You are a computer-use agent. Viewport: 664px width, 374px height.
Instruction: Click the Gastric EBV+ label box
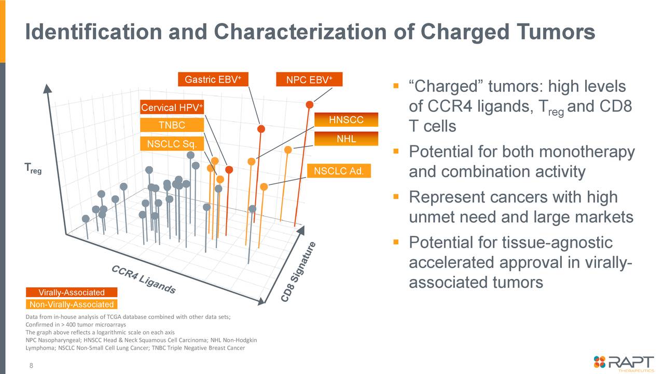click(213, 79)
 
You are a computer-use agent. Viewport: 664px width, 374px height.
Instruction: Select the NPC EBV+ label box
click(309, 79)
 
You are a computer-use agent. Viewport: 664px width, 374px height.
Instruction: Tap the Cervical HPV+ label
click(172, 108)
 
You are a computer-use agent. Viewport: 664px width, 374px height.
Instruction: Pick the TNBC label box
click(172, 125)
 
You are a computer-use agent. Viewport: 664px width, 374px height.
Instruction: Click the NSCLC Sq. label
click(169, 144)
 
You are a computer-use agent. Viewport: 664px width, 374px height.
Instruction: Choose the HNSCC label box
click(346, 121)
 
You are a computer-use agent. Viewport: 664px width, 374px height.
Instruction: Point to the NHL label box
click(346, 139)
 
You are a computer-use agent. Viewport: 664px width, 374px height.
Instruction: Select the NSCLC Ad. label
click(339, 171)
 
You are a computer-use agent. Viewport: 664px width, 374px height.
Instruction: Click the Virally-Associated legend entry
click(72, 292)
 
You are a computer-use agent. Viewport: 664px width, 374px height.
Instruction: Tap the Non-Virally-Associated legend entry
click(72, 304)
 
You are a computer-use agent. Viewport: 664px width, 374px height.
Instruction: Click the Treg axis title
click(33, 168)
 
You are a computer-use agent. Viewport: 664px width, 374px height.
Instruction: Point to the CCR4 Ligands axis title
click(144, 280)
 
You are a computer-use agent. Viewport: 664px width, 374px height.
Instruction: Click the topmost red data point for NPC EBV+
click(310, 104)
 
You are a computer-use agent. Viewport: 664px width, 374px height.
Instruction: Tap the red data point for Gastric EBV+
click(261, 128)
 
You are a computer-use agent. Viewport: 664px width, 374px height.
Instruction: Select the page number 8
click(31, 366)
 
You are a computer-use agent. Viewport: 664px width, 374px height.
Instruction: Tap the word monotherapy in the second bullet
click(587, 152)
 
